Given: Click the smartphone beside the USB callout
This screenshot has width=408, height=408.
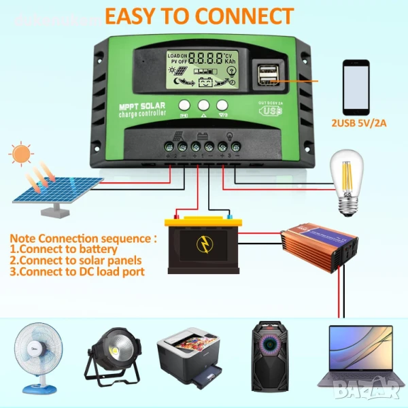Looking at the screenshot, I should pyautogui.click(x=356, y=88).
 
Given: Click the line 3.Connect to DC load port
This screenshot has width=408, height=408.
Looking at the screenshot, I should pyautogui.click(x=78, y=271).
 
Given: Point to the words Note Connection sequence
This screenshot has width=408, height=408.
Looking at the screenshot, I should pyautogui.click(x=84, y=239).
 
